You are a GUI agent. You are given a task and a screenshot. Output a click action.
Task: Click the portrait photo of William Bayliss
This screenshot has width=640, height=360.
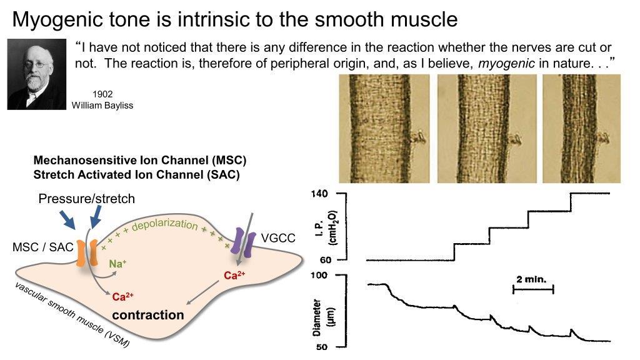[x=36, y=74]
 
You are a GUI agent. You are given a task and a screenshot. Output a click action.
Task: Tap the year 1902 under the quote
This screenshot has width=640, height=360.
[x=102, y=94]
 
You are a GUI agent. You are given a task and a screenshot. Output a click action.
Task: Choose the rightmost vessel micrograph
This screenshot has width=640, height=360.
[x=581, y=129]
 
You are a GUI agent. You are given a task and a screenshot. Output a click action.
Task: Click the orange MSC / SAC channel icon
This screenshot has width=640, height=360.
[x=86, y=254]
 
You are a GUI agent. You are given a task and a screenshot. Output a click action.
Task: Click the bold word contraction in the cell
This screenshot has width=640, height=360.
[x=148, y=314]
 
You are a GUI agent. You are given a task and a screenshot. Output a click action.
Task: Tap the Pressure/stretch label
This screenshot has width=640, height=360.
[x=86, y=199]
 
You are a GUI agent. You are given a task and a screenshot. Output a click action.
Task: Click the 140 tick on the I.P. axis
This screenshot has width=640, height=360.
[x=321, y=194]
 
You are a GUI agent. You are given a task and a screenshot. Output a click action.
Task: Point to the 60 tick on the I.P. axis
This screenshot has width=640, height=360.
[x=323, y=259]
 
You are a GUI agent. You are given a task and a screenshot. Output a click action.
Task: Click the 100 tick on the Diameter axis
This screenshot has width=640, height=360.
[x=321, y=275]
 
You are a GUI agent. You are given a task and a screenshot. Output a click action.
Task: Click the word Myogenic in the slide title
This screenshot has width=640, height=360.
[x=55, y=20]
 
